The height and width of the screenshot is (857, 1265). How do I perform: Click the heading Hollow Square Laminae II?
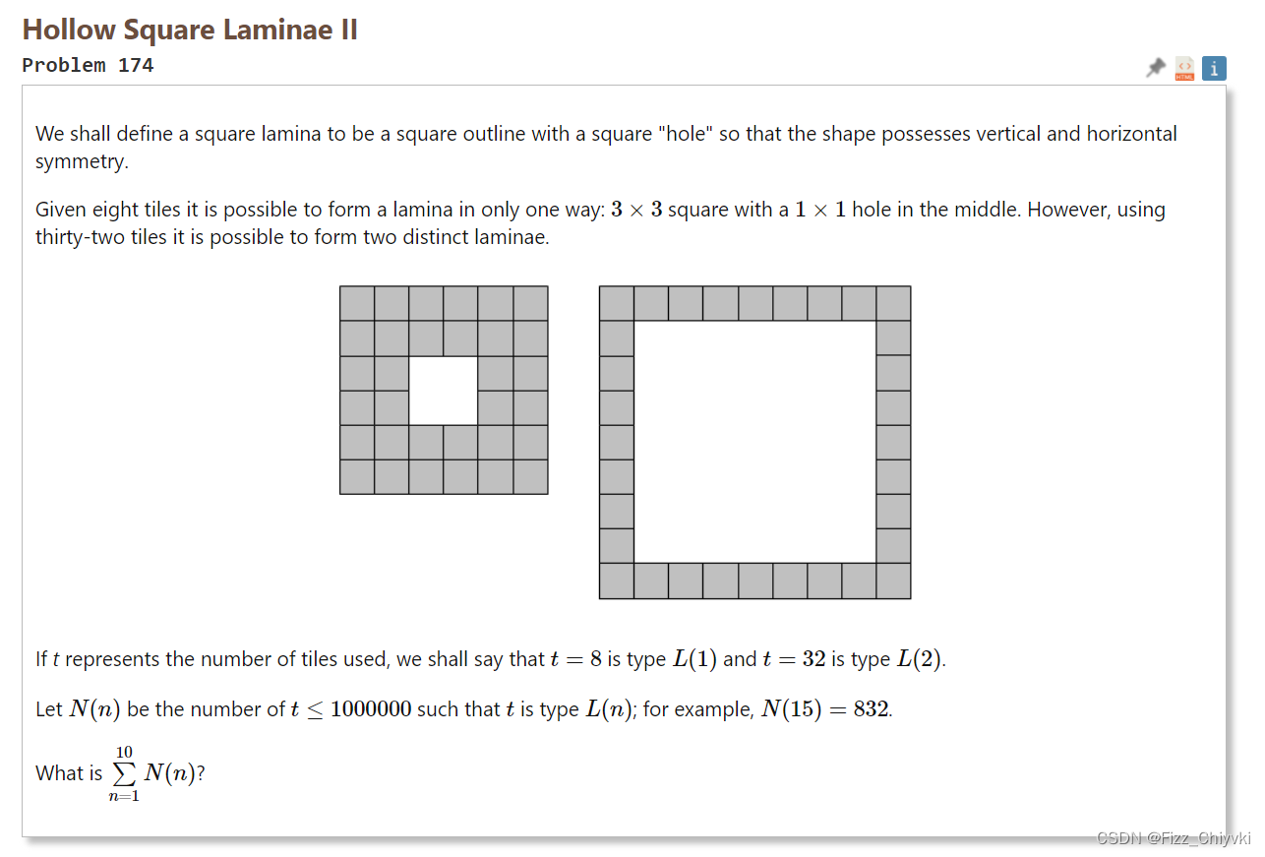(x=190, y=30)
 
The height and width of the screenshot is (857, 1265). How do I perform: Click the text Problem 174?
(x=88, y=66)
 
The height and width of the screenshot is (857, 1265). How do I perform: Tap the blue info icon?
(x=1214, y=68)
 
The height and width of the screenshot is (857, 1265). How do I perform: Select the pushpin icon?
(x=1156, y=68)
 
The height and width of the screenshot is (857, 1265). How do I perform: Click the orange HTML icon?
(x=1184, y=69)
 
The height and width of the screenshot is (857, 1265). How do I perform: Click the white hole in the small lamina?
(x=444, y=391)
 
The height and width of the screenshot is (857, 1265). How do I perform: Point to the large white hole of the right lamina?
(x=754, y=442)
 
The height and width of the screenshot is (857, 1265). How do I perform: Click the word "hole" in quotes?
(x=686, y=134)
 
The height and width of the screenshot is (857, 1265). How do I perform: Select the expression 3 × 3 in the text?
(x=635, y=211)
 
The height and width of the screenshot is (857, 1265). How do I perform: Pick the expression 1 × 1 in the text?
(x=819, y=211)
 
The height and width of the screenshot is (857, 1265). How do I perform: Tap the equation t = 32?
(x=794, y=660)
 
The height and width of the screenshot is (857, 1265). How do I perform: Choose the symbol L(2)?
(x=919, y=660)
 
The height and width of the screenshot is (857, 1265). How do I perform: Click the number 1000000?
(x=371, y=710)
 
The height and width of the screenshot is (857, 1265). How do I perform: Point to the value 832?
(x=871, y=710)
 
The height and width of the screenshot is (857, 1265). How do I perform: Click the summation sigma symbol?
(x=124, y=773)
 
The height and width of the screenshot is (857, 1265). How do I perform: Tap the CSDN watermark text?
(x=1173, y=838)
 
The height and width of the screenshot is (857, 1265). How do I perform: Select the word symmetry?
(x=82, y=161)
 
